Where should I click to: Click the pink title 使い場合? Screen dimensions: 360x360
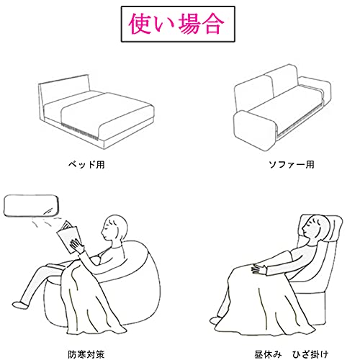pos(176,24)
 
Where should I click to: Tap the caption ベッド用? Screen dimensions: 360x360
pos(86,165)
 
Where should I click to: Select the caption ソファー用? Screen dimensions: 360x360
pos(292,165)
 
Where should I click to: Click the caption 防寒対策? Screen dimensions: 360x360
pos(86,354)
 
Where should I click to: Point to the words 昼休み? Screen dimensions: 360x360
pos(268,354)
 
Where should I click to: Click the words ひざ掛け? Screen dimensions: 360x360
pos(310,354)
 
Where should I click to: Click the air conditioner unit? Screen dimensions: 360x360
pos(31,205)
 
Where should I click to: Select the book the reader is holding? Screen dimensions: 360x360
pos(68,236)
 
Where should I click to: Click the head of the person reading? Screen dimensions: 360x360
pos(114,228)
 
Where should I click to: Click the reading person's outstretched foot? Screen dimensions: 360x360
pos(20,305)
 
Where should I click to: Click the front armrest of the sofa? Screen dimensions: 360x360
pos(255,131)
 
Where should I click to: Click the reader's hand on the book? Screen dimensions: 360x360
pos(77,246)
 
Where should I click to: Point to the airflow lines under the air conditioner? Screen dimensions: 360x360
pos(47,221)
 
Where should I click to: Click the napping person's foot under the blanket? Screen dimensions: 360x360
pos(215,320)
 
